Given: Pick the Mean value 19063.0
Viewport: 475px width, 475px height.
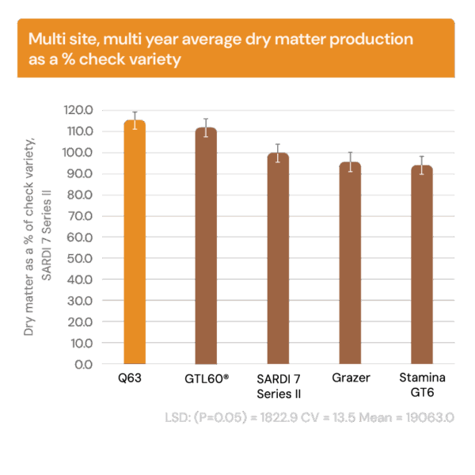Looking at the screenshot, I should [x=427, y=417].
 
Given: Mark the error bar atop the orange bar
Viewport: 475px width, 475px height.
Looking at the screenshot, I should [x=135, y=120].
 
